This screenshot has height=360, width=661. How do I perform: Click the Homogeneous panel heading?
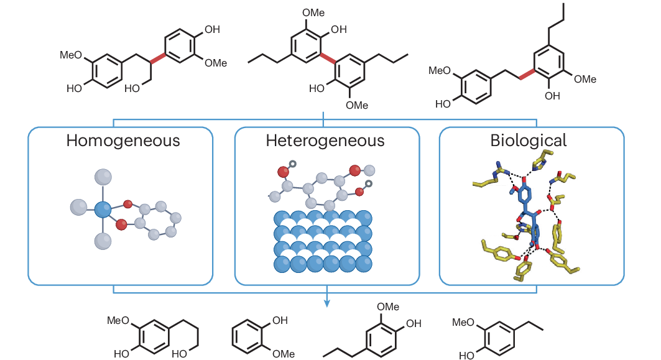pyautogui.click(x=122, y=141)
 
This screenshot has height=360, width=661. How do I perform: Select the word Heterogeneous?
pyautogui.click(x=325, y=141)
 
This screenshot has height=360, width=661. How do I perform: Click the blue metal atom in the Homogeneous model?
pyautogui.click(x=103, y=208)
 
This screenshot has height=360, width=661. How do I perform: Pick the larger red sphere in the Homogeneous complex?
pyautogui.click(x=122, y=224)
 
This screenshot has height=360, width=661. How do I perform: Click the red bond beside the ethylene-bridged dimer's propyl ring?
pyautogui.click(x=526, y=74)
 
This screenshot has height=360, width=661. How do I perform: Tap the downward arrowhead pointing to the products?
pyautogui.click(x=326, y=303)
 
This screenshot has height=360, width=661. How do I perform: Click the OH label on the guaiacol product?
pyautogui.click(x=280, y=321)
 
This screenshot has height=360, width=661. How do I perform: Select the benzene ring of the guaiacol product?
pyautogui.click(x=251, y=337)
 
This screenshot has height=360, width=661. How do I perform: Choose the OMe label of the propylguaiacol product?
pyautogui.click(x=388, y=307)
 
